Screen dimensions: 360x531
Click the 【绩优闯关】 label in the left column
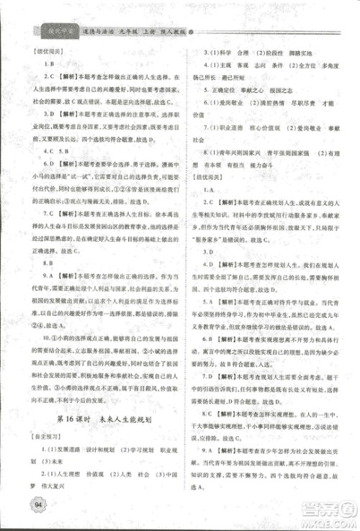pyautogui.click(x=40, y=53)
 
